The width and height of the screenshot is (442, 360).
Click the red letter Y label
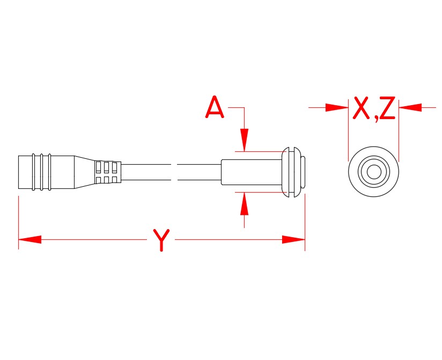pyautogui.click(x=161, y=239)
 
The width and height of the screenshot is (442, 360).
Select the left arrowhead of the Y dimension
pyautogui.click(x=30, y=239)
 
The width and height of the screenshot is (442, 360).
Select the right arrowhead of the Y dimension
pyautogui.click(x=293, y=239)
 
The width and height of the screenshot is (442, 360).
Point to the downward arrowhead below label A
pyautogui.click(x=245, y=140)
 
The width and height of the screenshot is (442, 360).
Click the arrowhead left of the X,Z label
pyautogui.click(x=337, y=108)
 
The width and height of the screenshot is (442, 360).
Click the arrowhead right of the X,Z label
pyautogui.click(x=410, y=108)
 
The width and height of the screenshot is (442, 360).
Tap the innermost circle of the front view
pyautogui.click(x=374, y=172)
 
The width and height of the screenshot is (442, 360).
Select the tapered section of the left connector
pyautogui.click(x=84, y=172)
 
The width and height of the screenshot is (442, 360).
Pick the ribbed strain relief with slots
pyautogui.click(x=108, y=172)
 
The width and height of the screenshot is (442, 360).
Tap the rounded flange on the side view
pyautogui.click(x=290, y=172)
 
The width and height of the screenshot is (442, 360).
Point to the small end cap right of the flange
pyautogui.click(x=303, y=172)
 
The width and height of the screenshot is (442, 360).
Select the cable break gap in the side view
pyautogui.click(x=174, y=172)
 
